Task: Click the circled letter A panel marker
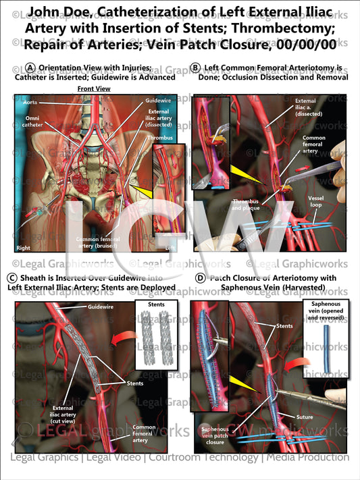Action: [x=31, y=68]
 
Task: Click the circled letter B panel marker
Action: [x=195, y=68]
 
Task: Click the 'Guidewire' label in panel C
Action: [x=100, y=307]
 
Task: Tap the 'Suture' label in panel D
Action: [x=305, y=417]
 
